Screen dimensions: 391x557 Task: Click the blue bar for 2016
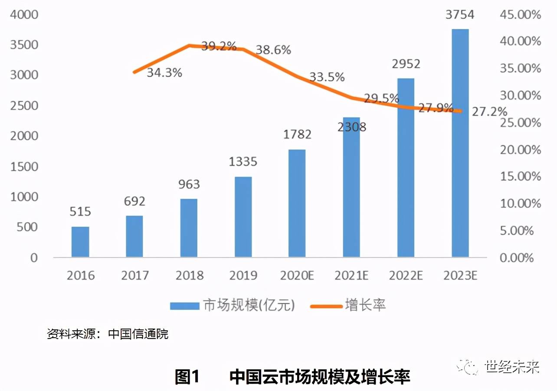[x=80, y=242]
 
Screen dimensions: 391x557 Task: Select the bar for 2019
[x=243, y=217]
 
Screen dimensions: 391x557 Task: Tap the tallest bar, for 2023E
[x=460, y=143]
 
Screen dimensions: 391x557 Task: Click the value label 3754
[x=460, y=14]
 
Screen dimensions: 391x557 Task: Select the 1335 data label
[x=243, y=162]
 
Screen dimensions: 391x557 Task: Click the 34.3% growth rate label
[x=164, y=72]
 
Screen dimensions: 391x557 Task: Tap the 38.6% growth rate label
[x=273, y=50]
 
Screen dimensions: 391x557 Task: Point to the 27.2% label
[x=489, y=111]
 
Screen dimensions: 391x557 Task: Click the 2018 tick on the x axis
[x=189, y=275]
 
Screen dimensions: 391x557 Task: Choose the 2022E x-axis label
[x=406, y=275]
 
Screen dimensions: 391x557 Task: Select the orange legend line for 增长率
[x=326, y=306]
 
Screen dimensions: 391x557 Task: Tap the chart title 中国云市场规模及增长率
[x=320, y=376]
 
